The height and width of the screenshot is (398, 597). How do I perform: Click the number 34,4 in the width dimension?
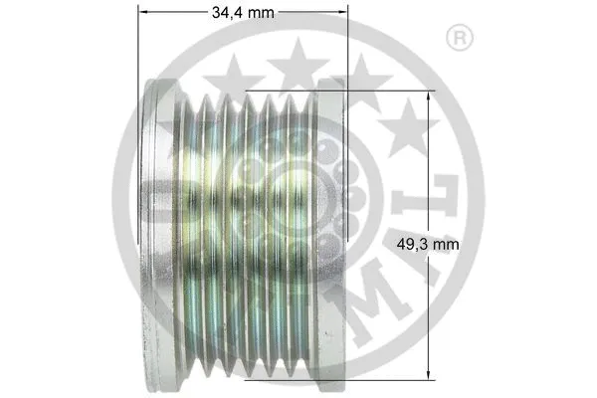pos(227,13)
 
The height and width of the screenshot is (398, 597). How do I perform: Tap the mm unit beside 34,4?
pos(261,13)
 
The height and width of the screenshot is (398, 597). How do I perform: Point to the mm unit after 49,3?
pos(447,242)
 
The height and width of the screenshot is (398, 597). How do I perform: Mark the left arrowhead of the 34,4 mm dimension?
pos(139,13)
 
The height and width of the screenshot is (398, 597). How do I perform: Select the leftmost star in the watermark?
pos(235,78)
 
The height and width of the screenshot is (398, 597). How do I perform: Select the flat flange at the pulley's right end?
pos(328,234)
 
